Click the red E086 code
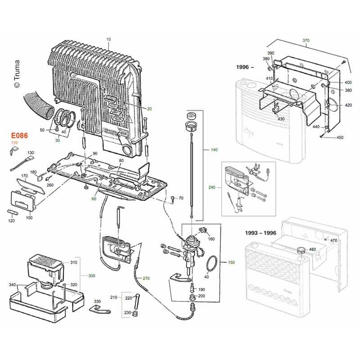point(19,135)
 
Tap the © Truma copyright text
point(17,74)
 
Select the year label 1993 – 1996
point(261,233)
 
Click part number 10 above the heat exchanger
point(108,39)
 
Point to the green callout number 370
point(306,40)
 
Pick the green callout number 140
point(214,150)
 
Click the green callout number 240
point(211,187)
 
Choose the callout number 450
point(340,138)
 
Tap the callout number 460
point(312,249)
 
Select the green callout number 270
point(146,278)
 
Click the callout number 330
point(97,301)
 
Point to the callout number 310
point(74,262)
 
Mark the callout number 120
point(11,220)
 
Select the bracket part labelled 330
point(99,310)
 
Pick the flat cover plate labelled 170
point(30,185)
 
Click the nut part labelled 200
point(191,297)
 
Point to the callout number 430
point(281,119)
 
